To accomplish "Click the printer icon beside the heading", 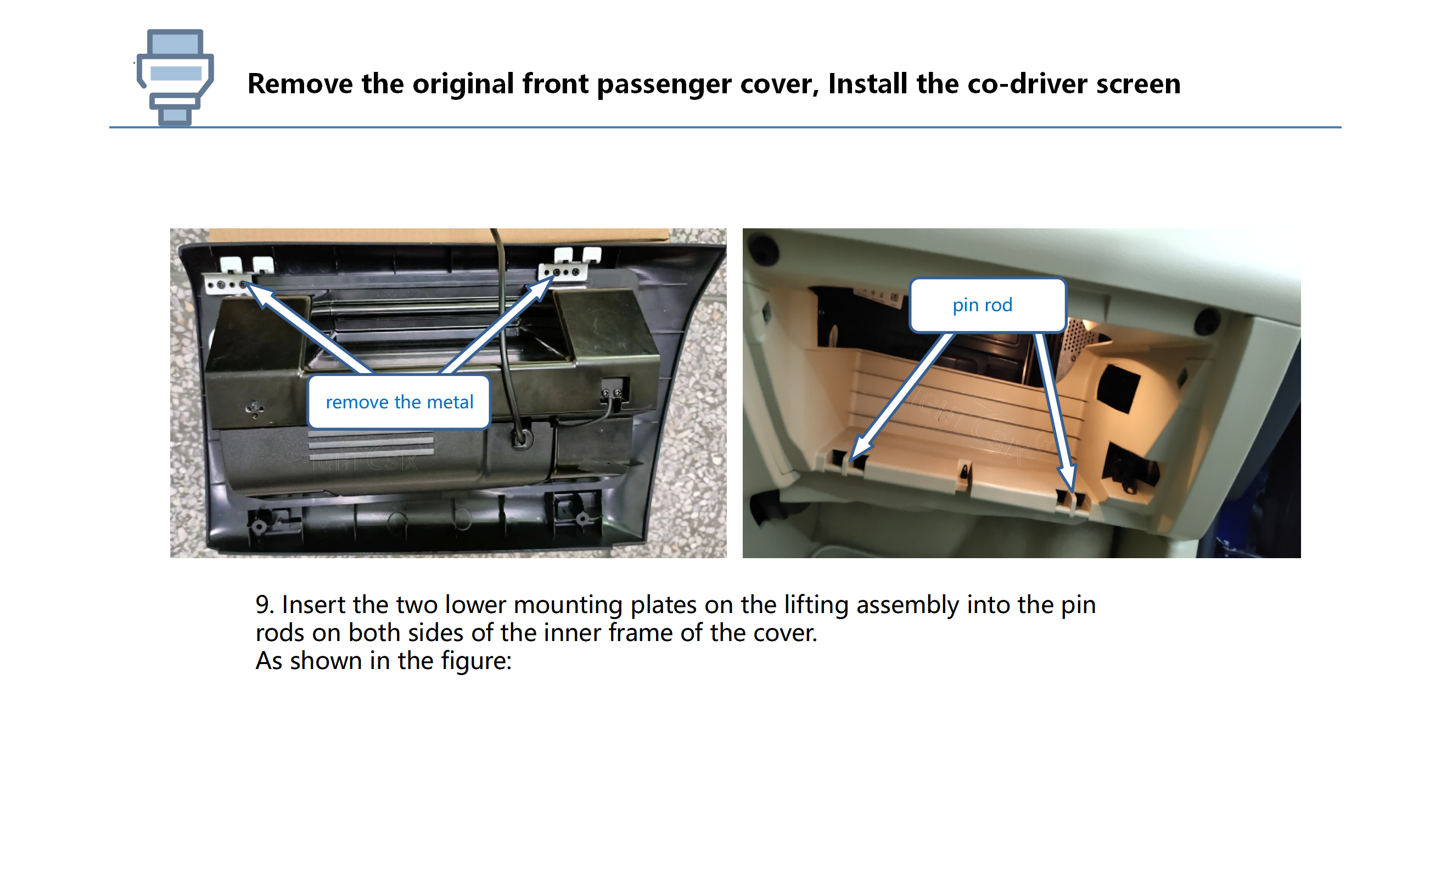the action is pos(175,77).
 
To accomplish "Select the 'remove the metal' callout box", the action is pos(399,402).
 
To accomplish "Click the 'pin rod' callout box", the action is pos(987,305).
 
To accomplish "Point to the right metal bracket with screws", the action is pos(562,272).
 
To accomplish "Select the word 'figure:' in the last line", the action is pos(476,661).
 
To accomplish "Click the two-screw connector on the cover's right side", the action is pos(613,391).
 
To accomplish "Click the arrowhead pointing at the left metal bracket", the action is pos(260,295).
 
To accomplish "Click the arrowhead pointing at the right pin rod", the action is pos(1068,476).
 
